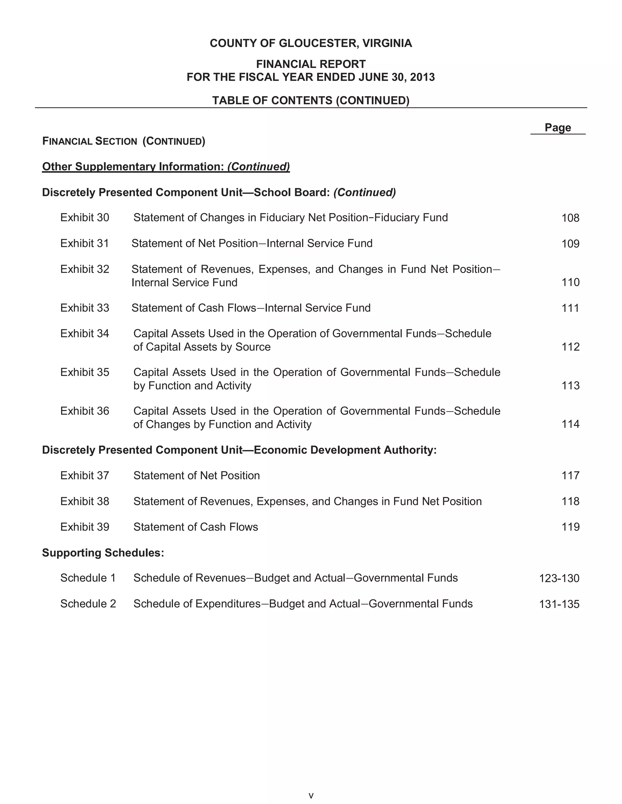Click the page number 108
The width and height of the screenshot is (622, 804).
point(570,218)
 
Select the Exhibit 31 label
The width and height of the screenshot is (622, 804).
point(85,243)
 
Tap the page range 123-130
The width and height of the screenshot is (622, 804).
point(559,578)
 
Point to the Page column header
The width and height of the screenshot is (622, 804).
point(558,127)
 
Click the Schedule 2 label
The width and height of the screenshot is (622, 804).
point(88,604)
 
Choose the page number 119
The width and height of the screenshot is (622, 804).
point(570,527)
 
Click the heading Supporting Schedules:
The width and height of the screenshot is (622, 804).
point(103,552)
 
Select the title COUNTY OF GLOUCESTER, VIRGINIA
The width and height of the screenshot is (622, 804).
point(311,43)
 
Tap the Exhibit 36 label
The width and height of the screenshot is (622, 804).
point(85,411)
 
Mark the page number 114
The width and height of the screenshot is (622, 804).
point(570,424)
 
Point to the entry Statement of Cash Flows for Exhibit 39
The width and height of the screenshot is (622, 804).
point(196,527)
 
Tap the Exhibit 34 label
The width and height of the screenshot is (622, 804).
point(85,333)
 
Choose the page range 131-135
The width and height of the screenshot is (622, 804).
point(559,604)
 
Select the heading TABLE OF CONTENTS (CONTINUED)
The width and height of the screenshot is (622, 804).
point(311,100)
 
